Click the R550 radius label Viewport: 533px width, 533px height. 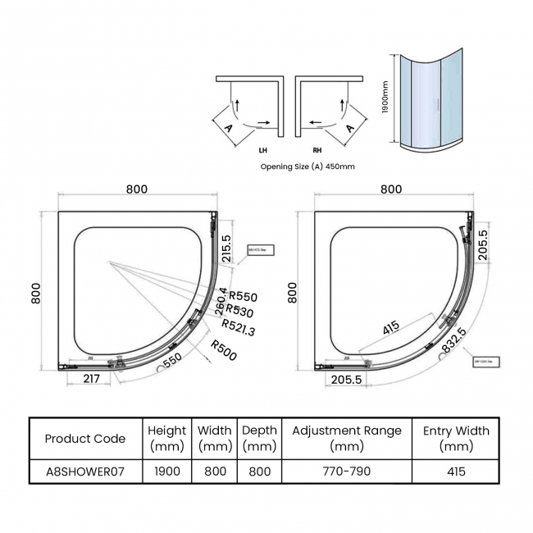243,297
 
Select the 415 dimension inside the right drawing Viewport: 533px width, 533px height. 391,327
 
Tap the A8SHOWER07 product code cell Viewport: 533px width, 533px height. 85,471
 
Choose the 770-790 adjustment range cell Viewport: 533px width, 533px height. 347,471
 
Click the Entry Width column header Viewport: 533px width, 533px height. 456,438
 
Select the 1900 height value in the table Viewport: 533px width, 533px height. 167,471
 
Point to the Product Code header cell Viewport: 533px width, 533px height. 85,438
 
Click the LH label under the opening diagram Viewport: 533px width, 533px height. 262,151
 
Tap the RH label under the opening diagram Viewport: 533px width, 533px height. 317,151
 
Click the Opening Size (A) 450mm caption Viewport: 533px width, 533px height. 307,166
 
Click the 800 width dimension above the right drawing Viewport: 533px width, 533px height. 391,189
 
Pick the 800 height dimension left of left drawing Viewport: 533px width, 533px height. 36,293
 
